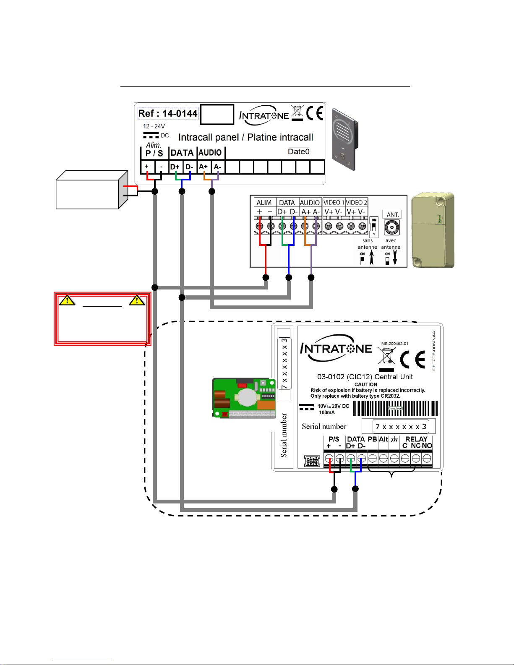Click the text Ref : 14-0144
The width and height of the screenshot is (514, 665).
(168, 113)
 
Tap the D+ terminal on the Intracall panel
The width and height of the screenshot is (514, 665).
(175, 167)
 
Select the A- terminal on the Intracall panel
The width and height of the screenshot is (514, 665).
(217, 167)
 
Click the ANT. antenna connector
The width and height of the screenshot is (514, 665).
(392, 227)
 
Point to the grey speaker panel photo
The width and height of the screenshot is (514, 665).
(345, 139)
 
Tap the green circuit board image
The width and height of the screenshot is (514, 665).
(244, 397)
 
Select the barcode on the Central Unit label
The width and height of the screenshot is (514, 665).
(395, 408)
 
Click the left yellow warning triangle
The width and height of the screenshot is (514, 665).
(67, 300)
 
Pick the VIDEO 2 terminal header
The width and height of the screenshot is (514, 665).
(356, 202)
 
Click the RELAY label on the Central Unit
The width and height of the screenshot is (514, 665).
(416, 439)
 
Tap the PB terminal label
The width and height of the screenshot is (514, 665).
(372, 439)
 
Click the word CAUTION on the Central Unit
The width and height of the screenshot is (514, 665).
(365, 384)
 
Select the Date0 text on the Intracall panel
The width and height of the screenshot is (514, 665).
(298, 151)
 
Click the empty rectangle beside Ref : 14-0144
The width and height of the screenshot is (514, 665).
(217, 115)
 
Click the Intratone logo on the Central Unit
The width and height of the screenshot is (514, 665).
(336, 348)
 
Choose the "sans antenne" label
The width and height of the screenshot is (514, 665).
(367, 244)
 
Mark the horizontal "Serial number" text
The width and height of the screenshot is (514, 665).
(324, 427)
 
